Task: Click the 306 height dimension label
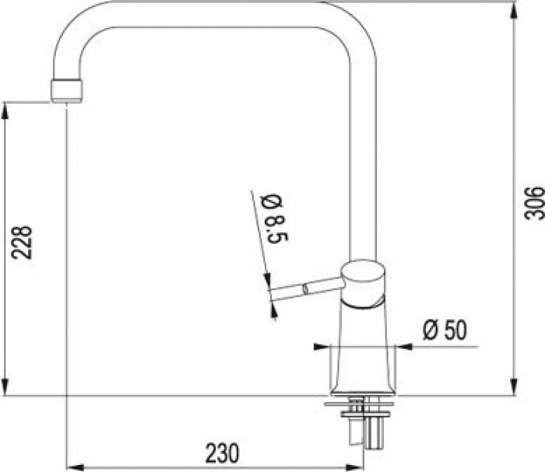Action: [x=533, y=203]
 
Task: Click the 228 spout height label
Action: [x=22, y=242]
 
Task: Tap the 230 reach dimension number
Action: [x=222, y=453]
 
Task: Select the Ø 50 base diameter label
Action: [x=445, y=329]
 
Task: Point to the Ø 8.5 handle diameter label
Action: [x=276, y=218]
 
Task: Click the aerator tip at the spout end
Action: [x=67, y=91]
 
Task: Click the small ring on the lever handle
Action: [x=305, y=288]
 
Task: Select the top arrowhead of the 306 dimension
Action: [x=513, y=10]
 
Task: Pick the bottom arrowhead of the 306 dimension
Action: [x=513, y=387]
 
